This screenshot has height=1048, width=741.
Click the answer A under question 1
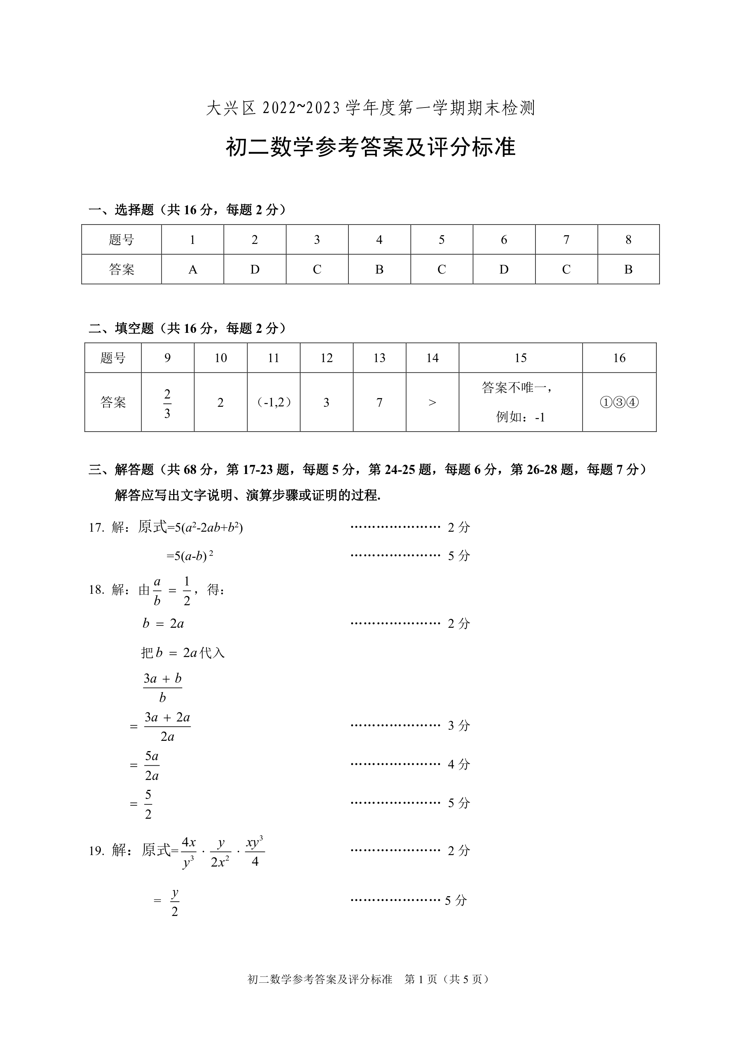point(193,270)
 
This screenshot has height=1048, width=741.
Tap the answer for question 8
point(628,270)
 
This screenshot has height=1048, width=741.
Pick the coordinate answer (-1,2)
point(274,402)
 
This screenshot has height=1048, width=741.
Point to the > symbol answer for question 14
point(432,402)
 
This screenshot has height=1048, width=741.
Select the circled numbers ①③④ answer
point(619,402)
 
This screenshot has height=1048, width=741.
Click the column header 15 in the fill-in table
point(520,358)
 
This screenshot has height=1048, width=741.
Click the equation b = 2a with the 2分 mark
point(163,623)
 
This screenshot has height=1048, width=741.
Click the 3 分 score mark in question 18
point(458,725)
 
